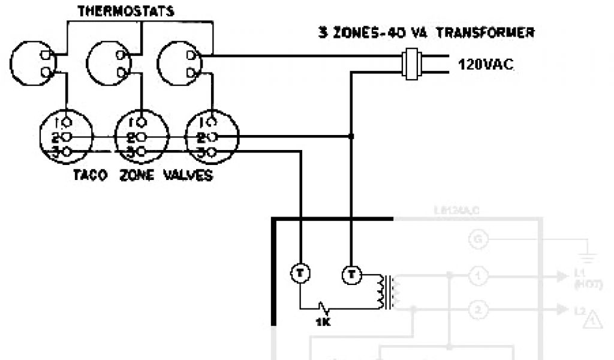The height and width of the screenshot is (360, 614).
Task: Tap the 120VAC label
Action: coord(486,64)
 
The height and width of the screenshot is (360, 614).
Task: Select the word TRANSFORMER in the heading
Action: coord(484,32)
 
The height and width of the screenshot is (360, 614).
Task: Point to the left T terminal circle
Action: coord(299,274)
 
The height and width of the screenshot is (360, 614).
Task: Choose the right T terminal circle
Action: coord(351,275)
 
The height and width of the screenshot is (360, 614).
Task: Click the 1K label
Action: coord(323,321)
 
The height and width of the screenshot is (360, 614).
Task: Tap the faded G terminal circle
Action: coord(478,240)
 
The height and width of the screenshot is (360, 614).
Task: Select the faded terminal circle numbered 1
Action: coord(478,276)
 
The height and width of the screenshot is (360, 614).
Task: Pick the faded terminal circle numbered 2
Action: coord(478,310)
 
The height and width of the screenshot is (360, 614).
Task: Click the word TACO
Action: coord(90,176)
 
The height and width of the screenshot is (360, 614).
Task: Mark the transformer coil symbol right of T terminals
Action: coord(384,292)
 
